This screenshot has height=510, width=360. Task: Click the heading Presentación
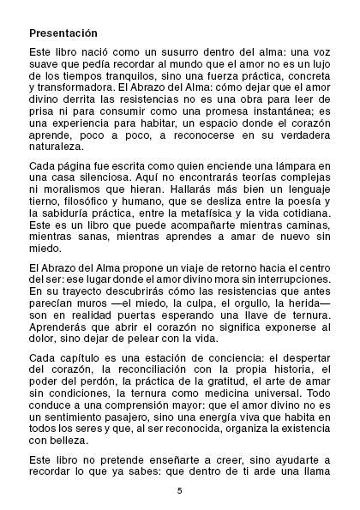(63, 33)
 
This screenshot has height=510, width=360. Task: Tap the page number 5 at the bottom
(180, 490)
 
